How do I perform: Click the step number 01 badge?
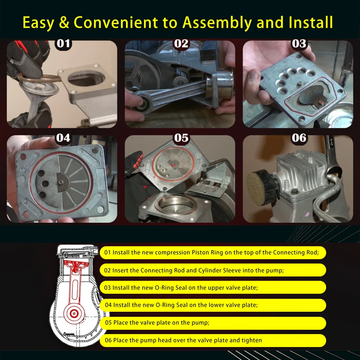63,44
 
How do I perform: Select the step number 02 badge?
181,44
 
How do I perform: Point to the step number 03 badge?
299,44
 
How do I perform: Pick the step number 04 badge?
63,138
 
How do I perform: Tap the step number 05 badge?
181,138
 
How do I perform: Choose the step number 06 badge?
299,138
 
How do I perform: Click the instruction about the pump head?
183,340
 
